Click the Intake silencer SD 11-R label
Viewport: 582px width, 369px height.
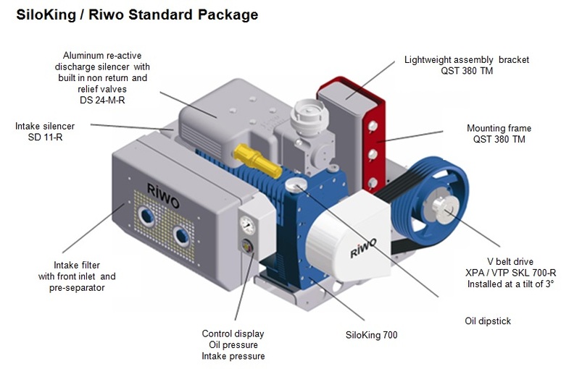44,132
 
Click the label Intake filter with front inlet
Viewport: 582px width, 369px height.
77,271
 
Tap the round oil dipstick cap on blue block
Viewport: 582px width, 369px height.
294,185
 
